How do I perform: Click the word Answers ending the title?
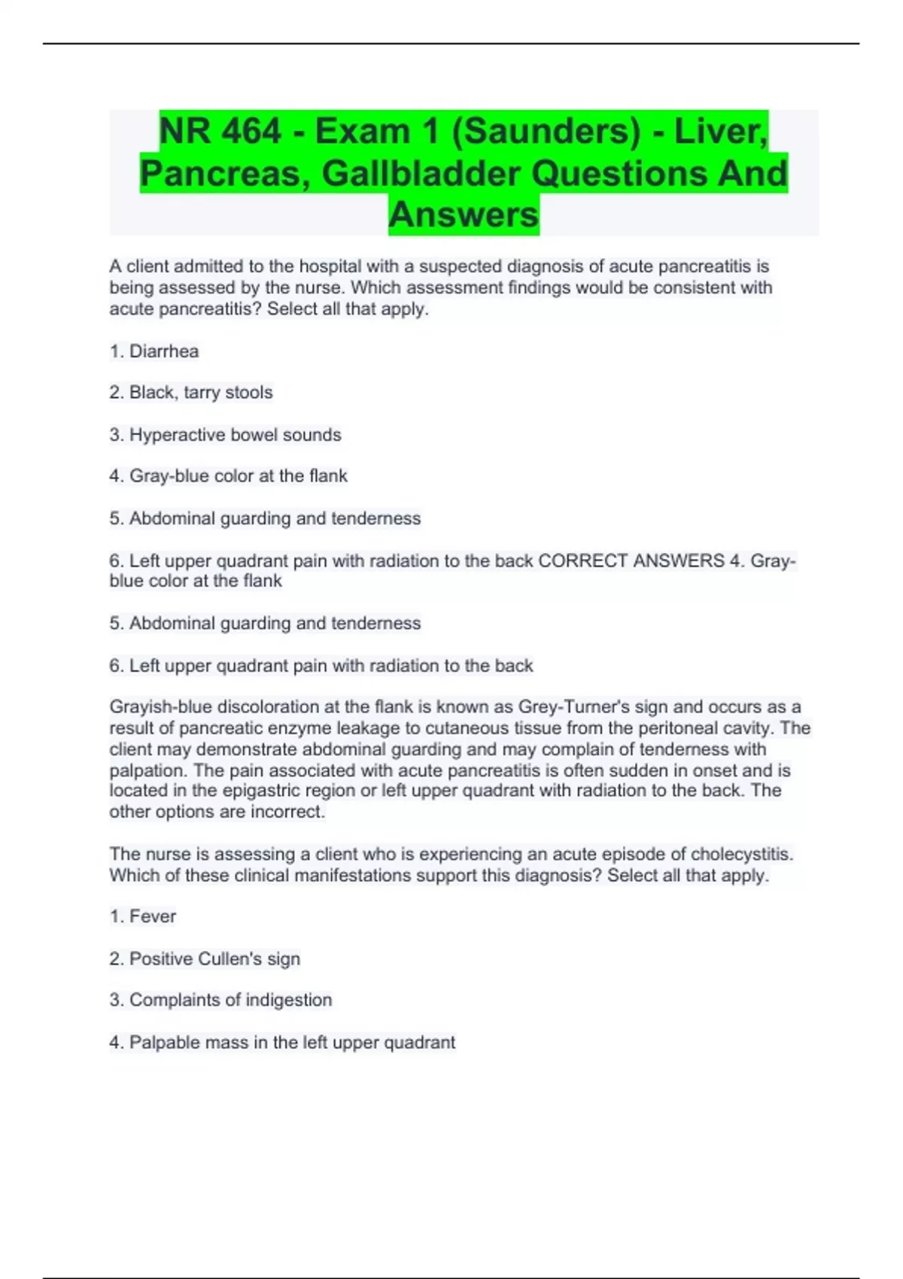coord(464,214)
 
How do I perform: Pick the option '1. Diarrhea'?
coord(154,351)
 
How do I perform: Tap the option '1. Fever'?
coord(143,916)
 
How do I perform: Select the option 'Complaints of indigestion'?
coord(220,1000)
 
